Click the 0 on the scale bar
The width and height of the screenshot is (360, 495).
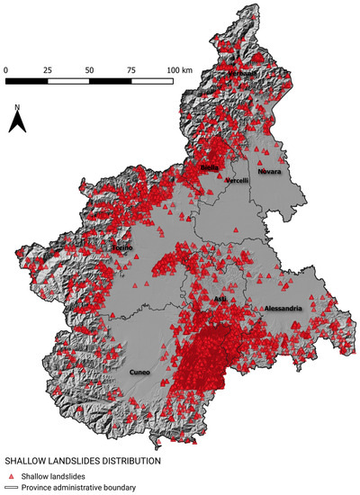pyautogui.click(x=6, y=69)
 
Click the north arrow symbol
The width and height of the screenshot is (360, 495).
pyautogui.click(x=17, y=124)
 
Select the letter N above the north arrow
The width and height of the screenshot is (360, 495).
pyautogui.click(x=17, y=108)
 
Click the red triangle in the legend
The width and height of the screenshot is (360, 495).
pyautogui.click(x=11, y=476)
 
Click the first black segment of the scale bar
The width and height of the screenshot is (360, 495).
pyautogui.click(x=27, y=82)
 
